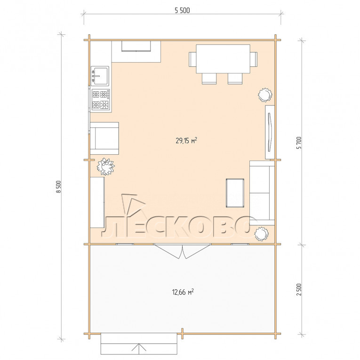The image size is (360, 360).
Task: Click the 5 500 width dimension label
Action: click(182, 10)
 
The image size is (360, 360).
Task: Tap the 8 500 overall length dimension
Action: click(59, 187)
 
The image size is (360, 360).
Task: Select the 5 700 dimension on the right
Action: click(299, 143)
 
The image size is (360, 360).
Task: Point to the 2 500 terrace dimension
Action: click(299, 289)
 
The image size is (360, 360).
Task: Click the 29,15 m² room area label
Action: click(186, 141)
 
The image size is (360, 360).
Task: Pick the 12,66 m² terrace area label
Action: click(183, 292)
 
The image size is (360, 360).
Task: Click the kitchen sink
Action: click(100, 76)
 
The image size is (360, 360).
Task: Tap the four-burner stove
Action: click(101, 100)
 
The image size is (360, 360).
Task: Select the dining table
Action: click(223, 59)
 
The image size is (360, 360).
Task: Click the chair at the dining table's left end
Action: click(192, 59)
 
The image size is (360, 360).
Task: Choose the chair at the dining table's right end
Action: click(254, 59)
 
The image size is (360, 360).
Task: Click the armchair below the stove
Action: click(104, 138)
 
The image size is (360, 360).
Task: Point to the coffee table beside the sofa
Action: click(235, 193)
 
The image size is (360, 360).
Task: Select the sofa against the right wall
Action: click(262, 193)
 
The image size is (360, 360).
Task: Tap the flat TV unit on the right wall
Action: click(270, 132)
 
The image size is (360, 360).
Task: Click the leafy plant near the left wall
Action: click(105, 167)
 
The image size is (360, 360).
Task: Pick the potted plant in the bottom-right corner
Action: click(262, 234)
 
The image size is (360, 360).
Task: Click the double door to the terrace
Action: click(183, 251)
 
